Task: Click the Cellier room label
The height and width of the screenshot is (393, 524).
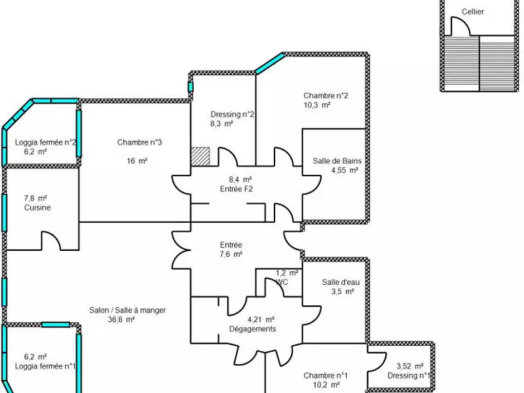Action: (472, 12)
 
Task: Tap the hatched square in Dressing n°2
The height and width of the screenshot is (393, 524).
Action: (200, 157)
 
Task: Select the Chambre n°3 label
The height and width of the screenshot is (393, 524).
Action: (140, 142)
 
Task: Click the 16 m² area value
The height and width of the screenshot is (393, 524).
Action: (137, 161)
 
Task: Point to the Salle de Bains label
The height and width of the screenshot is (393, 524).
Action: (337, 160)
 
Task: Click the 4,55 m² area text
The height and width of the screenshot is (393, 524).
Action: (345, 170)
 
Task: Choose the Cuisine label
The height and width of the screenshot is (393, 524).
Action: (37, 208)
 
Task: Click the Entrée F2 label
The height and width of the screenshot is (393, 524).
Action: (236, 189)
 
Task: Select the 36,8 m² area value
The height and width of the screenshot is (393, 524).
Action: (121, 320)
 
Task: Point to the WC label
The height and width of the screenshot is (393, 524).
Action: (282, 282)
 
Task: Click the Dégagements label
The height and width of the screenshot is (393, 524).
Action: (253, 329)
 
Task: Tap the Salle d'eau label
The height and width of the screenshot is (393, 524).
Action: (341, 282)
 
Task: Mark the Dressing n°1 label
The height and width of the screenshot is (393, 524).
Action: (409, 375)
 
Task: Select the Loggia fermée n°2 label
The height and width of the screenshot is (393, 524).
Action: (46, 142)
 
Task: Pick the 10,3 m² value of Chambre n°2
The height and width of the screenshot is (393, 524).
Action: (317, 105)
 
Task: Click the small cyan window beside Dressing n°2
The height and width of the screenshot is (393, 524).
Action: (191, 87)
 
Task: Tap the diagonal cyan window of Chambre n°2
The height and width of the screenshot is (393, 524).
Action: (270, 63)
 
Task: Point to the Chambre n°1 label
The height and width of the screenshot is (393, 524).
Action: (326, 375)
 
